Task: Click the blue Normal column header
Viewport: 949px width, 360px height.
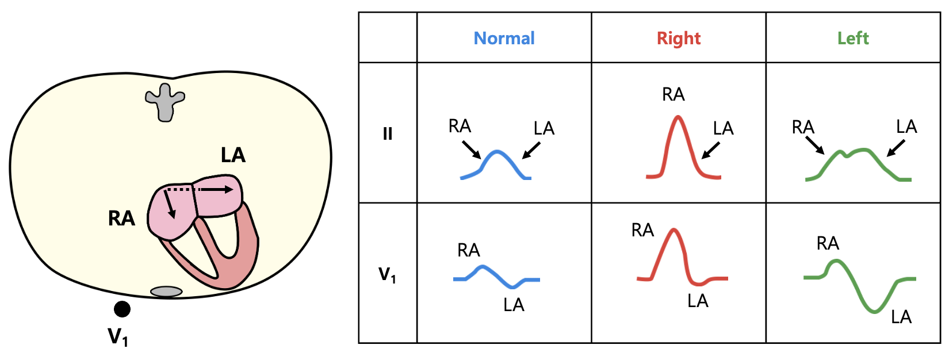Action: click(504, 38)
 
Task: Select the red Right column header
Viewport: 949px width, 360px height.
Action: click(679, 39)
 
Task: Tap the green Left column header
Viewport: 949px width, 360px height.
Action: click(853, 38)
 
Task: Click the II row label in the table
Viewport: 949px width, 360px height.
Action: click(388, 134)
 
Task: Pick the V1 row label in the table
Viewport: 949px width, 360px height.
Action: click(387, 275)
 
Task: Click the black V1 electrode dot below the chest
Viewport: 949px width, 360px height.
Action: click(122, 309)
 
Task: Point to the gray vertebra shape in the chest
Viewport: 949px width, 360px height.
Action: click(165, 102)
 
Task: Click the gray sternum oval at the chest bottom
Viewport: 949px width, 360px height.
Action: click(166, 292)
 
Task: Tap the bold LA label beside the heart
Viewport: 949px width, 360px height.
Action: click(233, 155)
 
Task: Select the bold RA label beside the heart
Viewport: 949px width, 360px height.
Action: click(121, 219)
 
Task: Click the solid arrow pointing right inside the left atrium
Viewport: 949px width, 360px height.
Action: click(216, 190)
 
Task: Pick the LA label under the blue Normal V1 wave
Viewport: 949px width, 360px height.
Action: click(514, 305)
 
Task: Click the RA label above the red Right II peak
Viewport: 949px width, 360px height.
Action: click(673, 94)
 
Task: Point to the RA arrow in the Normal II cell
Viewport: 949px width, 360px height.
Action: click(472, 150)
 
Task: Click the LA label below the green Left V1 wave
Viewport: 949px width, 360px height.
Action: click(901, 317)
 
